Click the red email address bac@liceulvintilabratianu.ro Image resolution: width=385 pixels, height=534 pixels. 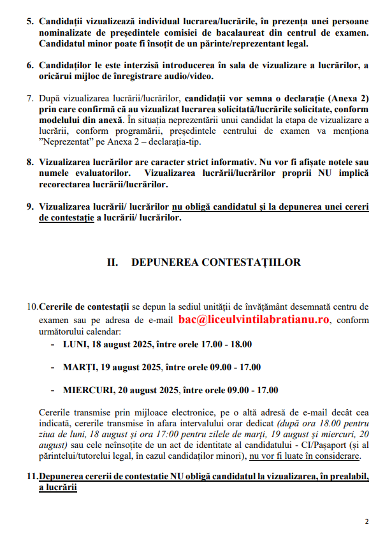tap(254, 319)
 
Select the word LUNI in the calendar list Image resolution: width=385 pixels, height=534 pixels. tap(76, 345)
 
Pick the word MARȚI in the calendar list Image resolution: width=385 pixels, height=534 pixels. tap(80, 368)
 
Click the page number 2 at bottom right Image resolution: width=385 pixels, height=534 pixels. tap(367, 521)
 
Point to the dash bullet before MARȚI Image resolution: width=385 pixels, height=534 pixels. tap(52, 368)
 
